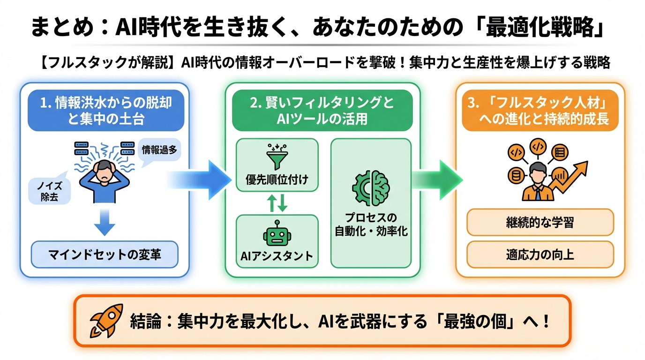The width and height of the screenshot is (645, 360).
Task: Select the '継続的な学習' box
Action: (540, 222)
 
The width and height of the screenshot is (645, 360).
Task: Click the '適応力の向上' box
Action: (540, 255)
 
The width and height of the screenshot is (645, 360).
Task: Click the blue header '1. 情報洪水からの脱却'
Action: (105, 110)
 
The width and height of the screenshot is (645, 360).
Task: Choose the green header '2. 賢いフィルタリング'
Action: (322, 110)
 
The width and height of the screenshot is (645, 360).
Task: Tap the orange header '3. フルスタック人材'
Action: (540, 110)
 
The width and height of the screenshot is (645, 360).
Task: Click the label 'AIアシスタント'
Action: (277, 256)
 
